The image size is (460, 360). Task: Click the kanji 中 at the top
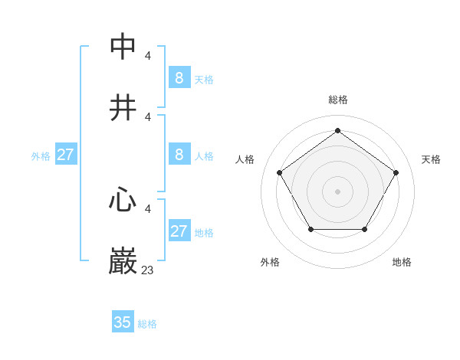(123, 47)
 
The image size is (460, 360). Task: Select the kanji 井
(123, 109)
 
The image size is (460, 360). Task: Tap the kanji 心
(123, 201)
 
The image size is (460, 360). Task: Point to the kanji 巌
(123, 262)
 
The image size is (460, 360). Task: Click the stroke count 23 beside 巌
(148, 270)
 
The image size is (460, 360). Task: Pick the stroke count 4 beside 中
(148, 55)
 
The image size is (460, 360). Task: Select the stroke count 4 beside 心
(148, 208)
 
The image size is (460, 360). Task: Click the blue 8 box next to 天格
(179, 77)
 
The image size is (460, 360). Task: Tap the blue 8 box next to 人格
(179, 155)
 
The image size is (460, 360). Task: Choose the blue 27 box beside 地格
(179, 231)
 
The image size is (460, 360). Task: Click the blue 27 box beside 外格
(65, 155)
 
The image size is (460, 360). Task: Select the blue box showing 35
(123, 322)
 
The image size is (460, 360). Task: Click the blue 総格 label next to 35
(147, 324)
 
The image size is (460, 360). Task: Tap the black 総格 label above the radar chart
(337, 100)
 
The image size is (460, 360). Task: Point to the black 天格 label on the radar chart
(431, 159)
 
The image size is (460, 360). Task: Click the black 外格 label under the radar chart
(270, 262)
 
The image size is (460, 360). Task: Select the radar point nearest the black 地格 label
(364, 229)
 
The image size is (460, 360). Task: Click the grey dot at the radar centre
(337, 191)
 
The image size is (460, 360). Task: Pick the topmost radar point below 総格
(337, 130)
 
